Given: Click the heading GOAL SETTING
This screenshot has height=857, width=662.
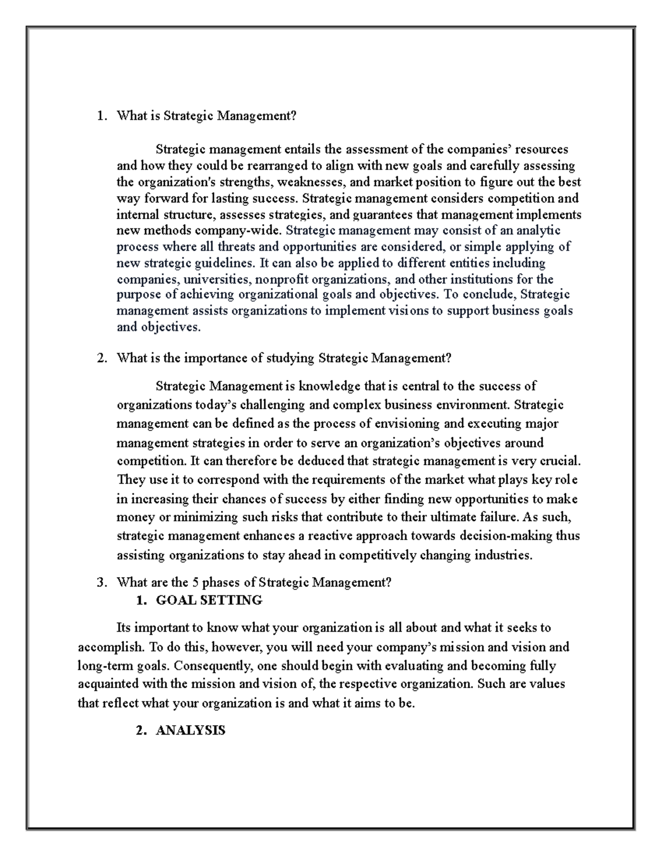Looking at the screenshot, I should (x=209, y=600).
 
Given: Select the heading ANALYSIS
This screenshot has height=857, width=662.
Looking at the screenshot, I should (x=190, y=731).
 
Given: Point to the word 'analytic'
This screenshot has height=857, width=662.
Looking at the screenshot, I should (x=538, y=231).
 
